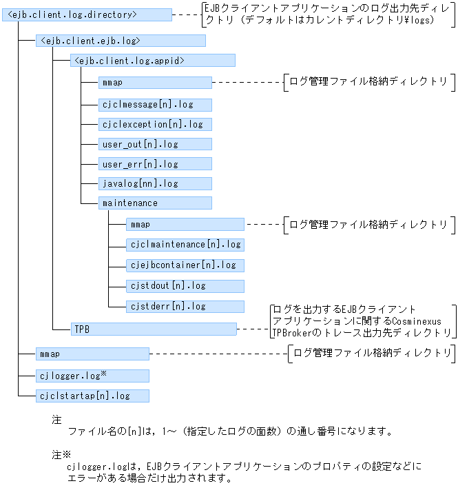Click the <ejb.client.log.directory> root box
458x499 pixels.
pyautogui.click(x=87, y=14)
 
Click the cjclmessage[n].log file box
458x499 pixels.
pyautogui.click(x=155, y=105)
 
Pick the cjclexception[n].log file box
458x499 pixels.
pyautogui.click(x=155, y=125)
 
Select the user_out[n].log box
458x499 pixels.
pyautogui.click(x=155, y=144)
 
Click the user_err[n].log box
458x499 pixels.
pyautogui.click(x=155, y=164)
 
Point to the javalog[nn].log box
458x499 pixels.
pyautogui.click(x=155, y=183)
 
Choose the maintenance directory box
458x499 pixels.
pyautogui.click(x=155, y=203)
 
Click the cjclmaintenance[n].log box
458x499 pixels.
pyautogui.click(x=185, y=245)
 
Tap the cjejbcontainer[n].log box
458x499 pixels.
pyautogui.click(x=185, y=265)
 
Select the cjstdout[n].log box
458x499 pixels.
pyautogui.click(x=185, y=285)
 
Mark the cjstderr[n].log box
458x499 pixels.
pyautogui.click(x=185, y=306)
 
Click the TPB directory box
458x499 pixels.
pyautogui.click(x=153, y=329)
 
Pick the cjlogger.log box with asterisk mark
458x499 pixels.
pyautogui.click(x=92, y=376)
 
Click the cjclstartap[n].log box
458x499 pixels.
pyautogui.click(x=92, y=396)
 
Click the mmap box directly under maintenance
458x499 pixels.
pyautogui.click(x=185, y=225)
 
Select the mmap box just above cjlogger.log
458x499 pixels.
pyautogui.click(x=92, y=354)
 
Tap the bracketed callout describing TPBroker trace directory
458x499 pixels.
pyautogui.click(x=362, y=320)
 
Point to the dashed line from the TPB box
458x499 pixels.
pyautogui.click(x=253, y=329)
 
